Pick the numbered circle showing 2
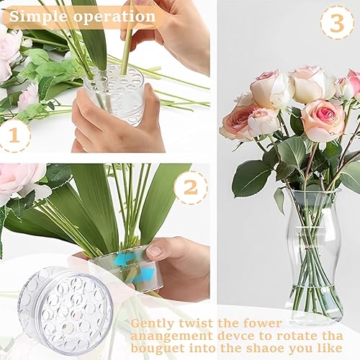tap(190, 188)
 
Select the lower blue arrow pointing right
tap(145, 274)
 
